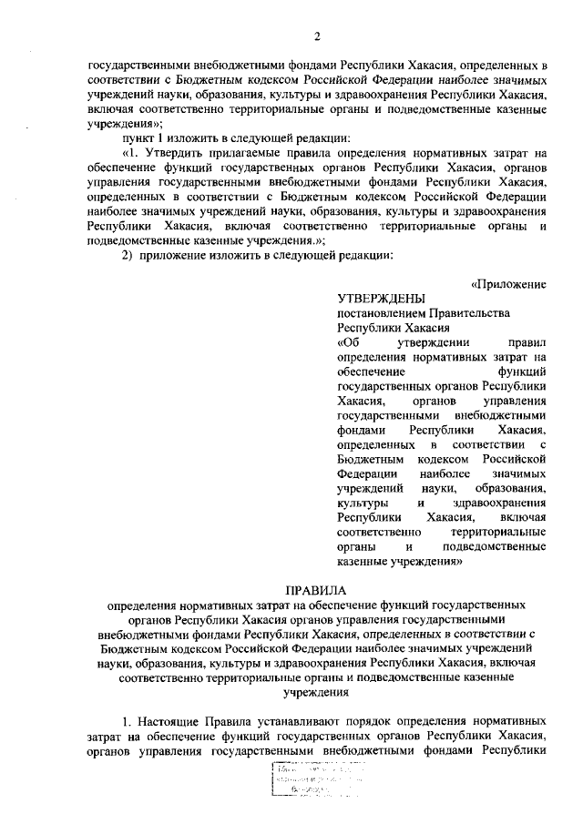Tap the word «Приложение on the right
[x=509, y=282]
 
